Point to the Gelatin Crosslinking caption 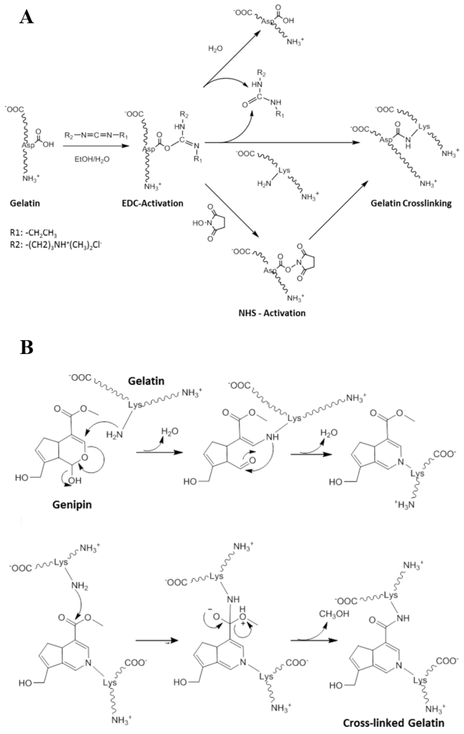pos(411,203)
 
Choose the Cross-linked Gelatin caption pos(394,723)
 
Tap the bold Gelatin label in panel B pos(146,381)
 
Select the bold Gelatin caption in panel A pos(25,203)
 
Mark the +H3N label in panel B pos(404,505)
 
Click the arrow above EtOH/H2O pos(94,146)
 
